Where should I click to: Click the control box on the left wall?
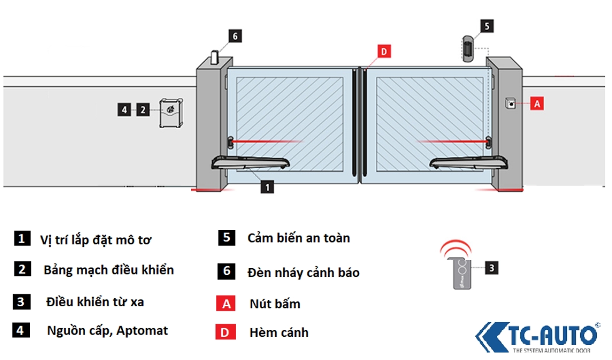pos(170,113)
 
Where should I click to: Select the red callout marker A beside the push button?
pos(536,104)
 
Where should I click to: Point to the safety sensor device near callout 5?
pos(466,50)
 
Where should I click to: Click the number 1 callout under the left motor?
pos(267,186)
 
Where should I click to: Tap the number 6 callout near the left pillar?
pos(235,36)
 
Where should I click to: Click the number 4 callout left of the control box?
pos(124,110)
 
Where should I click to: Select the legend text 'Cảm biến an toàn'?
pos(299,238)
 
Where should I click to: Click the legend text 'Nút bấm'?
pos(275,304)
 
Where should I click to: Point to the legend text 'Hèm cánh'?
pos(279,332)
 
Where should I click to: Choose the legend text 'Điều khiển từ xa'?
pos(96,302)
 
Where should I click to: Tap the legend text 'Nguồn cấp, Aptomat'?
pos(107,331)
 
